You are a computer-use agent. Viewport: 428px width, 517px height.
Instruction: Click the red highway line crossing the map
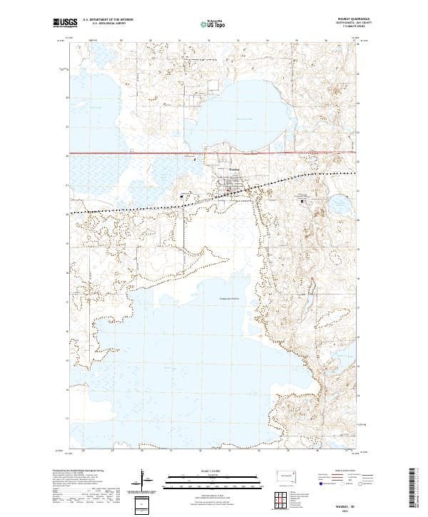[143, 153]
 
